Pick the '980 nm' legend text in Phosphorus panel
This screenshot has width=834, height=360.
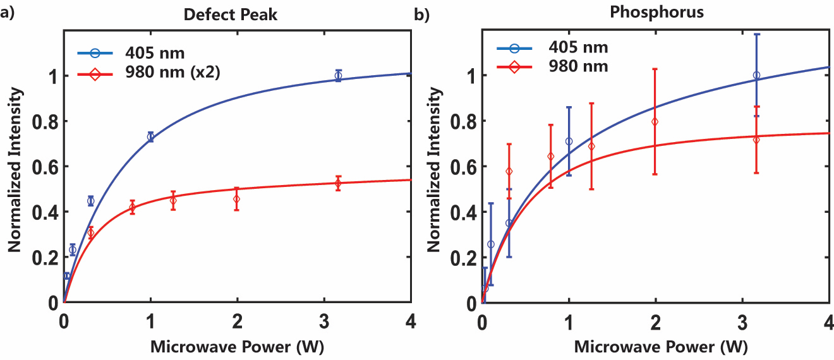[579, 66]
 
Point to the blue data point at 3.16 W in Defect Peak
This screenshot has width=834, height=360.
[338, 76]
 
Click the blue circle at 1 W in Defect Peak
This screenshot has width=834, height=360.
[150, 136]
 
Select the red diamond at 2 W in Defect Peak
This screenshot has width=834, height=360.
[237, 199]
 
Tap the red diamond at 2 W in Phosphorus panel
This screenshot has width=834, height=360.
[655, 121]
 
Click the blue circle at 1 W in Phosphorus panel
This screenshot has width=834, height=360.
[569, 141]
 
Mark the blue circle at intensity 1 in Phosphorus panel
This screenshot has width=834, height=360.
[756, 75]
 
